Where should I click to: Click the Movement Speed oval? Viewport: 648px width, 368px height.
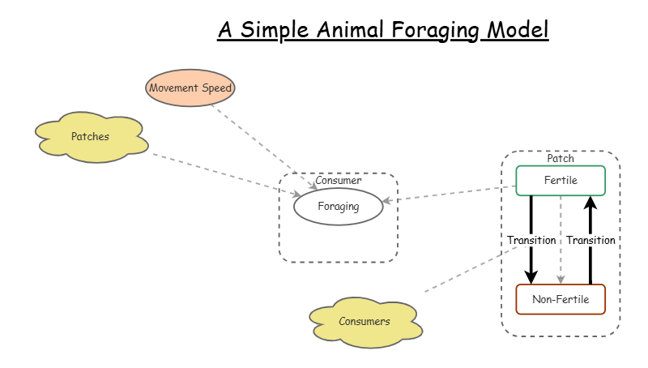tap(191, 87)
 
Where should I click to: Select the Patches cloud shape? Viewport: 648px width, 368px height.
tap(91, 137)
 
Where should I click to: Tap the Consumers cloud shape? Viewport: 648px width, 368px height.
tap(364, 321)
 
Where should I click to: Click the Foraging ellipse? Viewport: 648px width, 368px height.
tap(338, 207)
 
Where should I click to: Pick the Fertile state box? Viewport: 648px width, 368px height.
tap(561, 180)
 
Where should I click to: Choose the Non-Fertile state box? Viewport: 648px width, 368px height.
tap(561, 299)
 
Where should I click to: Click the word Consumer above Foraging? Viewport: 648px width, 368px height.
tap(338, 180)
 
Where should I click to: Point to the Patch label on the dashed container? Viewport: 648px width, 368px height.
tap(561, 158)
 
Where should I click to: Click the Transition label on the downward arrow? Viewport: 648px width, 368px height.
tap(531, 240)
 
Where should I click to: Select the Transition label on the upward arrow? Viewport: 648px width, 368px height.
tap(590, 240)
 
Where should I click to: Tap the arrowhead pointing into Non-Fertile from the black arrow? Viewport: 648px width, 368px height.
tap(531, 276)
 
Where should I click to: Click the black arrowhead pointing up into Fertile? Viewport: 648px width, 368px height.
tap(590, 202)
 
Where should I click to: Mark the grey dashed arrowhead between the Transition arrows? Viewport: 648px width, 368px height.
tap(561, 278)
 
